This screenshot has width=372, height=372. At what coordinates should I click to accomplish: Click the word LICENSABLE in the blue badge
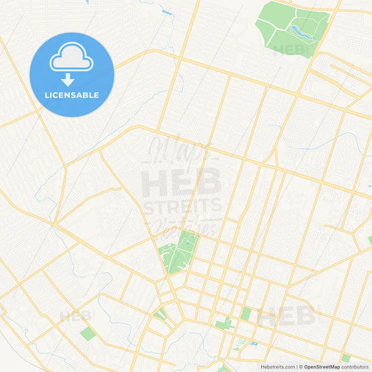(72, 95)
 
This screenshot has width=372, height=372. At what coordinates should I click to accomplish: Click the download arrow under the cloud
(72, 78)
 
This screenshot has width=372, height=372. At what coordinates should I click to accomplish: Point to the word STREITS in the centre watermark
(182, 206)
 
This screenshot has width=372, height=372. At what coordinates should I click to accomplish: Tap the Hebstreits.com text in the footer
(278, 366)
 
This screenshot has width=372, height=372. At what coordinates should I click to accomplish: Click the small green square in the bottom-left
(86, 334)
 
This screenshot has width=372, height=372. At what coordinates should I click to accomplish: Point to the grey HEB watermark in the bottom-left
(75, 316)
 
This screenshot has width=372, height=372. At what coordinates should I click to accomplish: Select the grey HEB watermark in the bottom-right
(286, 316)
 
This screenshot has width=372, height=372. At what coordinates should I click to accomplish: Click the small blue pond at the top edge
(167, 12)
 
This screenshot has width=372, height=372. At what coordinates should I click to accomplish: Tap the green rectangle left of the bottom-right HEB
(246, 314)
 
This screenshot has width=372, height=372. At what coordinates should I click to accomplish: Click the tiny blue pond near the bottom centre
(253, 343)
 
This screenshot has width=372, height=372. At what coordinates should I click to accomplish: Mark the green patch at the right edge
(369, 240)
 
